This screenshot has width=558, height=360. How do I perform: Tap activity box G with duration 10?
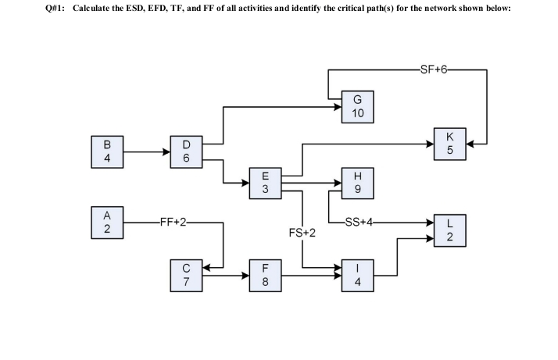(357, 107)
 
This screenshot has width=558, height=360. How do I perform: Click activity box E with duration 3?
(265, 184)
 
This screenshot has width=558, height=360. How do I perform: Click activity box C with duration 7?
(185, 276)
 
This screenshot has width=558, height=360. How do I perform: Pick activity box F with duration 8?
(265, 276)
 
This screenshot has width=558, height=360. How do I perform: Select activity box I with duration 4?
(357, 276)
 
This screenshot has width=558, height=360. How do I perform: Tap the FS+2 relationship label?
(302, 233)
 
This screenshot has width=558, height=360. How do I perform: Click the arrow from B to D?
(146, 153)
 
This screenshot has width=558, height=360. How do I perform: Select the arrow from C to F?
(226, 276)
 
